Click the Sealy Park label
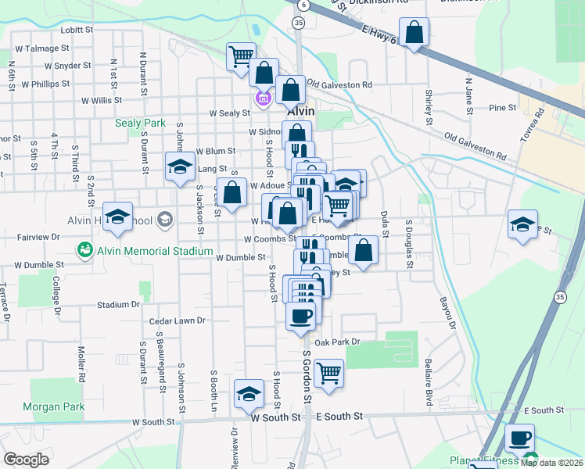141,123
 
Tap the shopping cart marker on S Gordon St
328,373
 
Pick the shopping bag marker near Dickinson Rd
415,34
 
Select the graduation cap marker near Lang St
180,167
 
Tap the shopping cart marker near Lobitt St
241,56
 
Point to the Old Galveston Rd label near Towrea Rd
475,147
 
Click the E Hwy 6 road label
378,29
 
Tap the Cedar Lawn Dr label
178,320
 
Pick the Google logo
26,460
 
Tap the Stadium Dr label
118,305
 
